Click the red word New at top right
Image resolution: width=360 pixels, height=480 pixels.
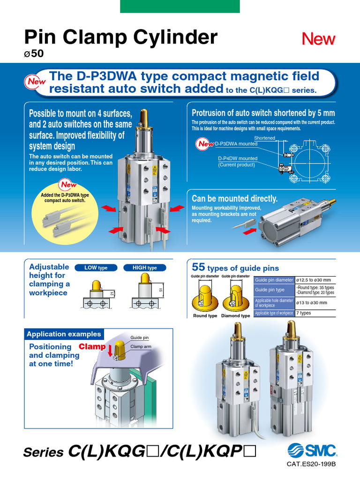(319, 39)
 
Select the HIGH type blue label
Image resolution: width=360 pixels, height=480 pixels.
(145, 268)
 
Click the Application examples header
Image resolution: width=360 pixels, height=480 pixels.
(64, 334)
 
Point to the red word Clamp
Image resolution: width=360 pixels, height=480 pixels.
(92, 347)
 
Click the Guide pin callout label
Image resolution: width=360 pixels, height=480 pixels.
(139, 337)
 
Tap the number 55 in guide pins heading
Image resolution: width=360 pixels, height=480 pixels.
(199, 268)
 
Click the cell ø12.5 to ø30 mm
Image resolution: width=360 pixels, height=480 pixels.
(313, 280)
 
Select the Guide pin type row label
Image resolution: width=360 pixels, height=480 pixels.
(270, 290)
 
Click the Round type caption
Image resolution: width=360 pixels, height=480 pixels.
(205, 315)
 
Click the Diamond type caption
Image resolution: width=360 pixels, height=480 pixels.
(235, 315)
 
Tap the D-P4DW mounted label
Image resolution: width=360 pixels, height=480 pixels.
(237, 158)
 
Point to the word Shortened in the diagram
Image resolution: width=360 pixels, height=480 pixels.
(264, 138)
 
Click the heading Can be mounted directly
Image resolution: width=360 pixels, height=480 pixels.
(234, 199)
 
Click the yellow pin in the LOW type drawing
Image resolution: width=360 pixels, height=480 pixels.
(97, 285)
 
